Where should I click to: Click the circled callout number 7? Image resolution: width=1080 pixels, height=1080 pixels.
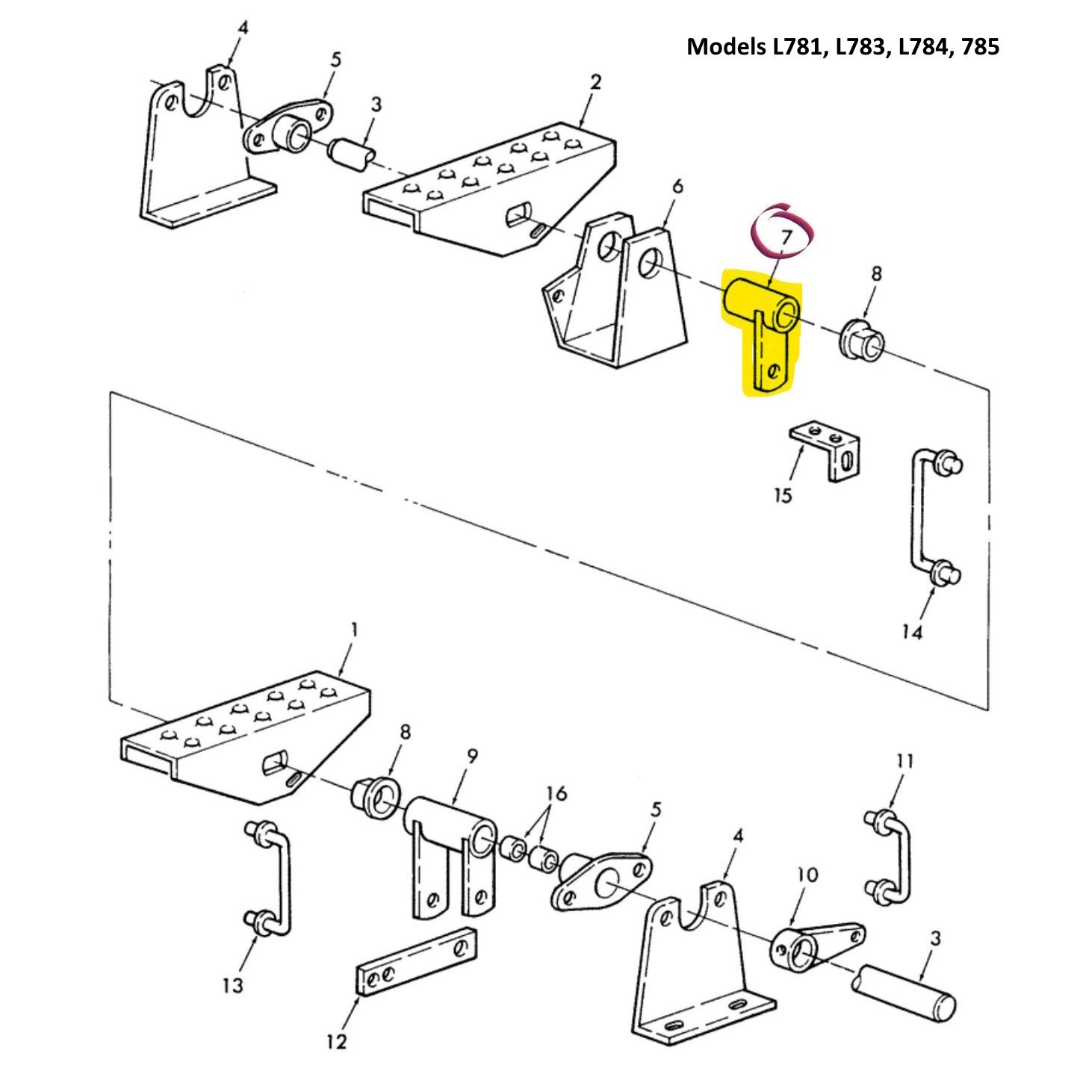[785, 238]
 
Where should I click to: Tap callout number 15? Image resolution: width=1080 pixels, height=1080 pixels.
[782, 495]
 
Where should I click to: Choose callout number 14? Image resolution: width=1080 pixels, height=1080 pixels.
[912, 633]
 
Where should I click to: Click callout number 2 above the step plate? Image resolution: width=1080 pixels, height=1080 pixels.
[595, 82]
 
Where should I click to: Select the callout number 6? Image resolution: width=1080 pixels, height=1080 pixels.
[677, 186]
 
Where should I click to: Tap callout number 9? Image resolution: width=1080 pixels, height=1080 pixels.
[472, 757]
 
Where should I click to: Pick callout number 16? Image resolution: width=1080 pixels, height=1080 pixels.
[556, 793]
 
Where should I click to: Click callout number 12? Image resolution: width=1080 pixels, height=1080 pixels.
[337, 1041]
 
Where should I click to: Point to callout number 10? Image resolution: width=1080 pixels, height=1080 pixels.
[807, 874]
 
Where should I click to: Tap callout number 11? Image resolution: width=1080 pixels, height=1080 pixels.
[904, 761]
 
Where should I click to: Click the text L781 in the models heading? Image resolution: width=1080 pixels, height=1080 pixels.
[798, 47]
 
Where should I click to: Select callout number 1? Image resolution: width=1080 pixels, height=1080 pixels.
[354, 630]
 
